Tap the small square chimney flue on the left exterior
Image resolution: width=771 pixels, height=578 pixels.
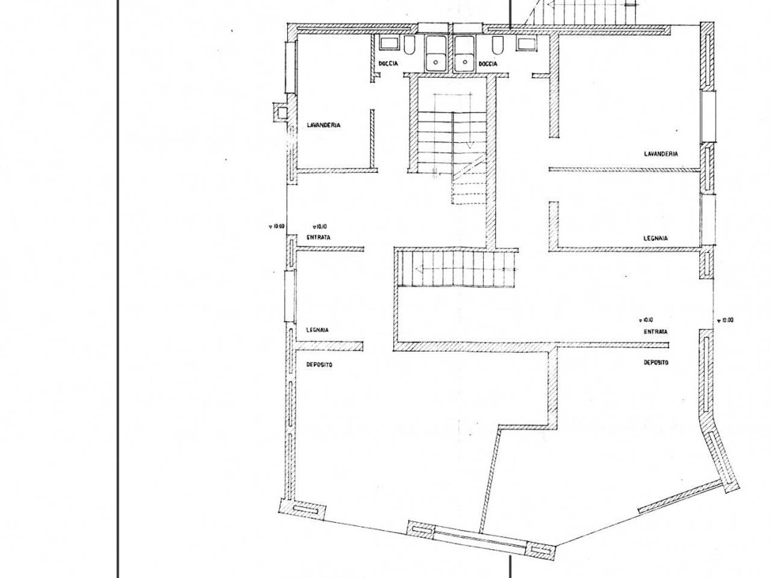[x=279, y=113]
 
